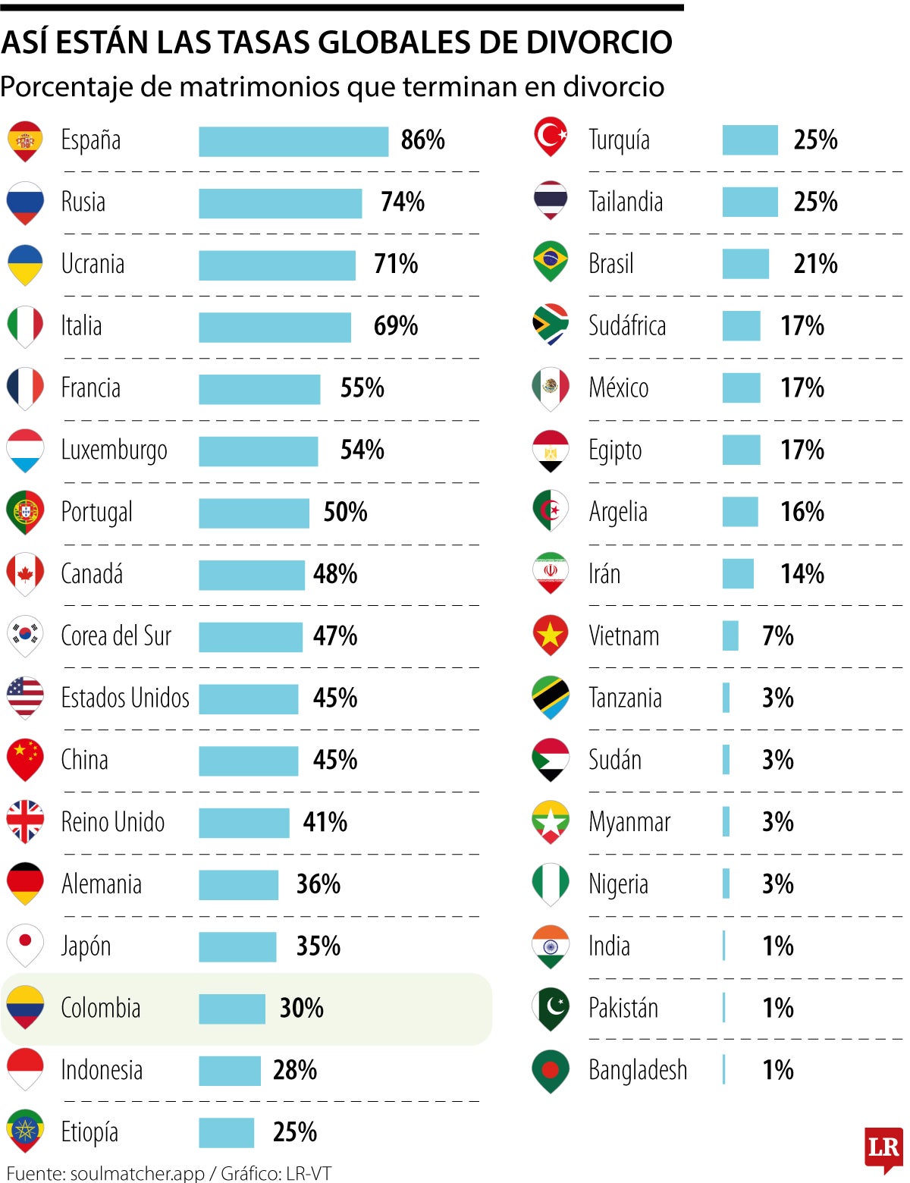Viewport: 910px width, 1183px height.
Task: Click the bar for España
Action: (293, 141)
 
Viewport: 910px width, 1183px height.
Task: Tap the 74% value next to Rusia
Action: (402, 202)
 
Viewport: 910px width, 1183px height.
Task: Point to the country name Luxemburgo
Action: (114, 450)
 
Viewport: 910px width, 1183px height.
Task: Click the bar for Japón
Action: (237, 946)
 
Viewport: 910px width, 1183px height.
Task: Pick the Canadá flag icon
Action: (25, 573)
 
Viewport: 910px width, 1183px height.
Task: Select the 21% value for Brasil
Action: (815, 264)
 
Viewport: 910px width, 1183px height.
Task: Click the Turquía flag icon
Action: (551, 137)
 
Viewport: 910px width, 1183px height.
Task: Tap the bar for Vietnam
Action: (730, 635)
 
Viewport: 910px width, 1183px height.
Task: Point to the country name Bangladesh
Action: (638, 1070)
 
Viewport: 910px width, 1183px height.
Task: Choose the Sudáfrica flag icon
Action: (551, 325)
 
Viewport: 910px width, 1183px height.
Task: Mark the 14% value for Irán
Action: (802, 574)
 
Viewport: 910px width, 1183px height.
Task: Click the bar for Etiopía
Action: (226, 1132)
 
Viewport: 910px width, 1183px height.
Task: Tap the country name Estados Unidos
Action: (125, 698)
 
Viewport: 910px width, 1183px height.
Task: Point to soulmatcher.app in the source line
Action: (137, 1173)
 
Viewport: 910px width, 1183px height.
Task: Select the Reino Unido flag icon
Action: (25, 821)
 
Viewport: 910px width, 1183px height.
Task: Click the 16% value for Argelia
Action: (802, 512)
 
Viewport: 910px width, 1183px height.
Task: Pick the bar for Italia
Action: (275, 327)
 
